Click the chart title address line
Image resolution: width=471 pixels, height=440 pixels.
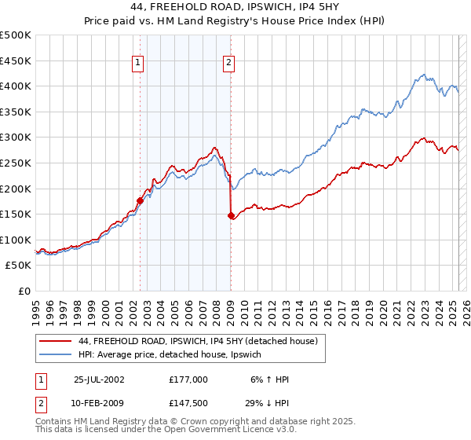(x=235, y=9)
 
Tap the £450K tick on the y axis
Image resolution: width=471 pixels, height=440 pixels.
(x=16, y=60)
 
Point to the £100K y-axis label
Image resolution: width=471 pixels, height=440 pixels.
(x=16, y=240)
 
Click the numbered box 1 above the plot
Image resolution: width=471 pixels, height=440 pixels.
(x=138, y=64)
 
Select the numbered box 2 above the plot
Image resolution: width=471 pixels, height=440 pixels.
(x=228, y=64)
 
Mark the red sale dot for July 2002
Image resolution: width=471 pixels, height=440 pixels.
(x=140, y=200)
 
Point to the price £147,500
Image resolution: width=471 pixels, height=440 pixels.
(x=188, y=403)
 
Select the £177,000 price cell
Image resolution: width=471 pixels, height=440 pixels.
(x=188, y=379)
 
